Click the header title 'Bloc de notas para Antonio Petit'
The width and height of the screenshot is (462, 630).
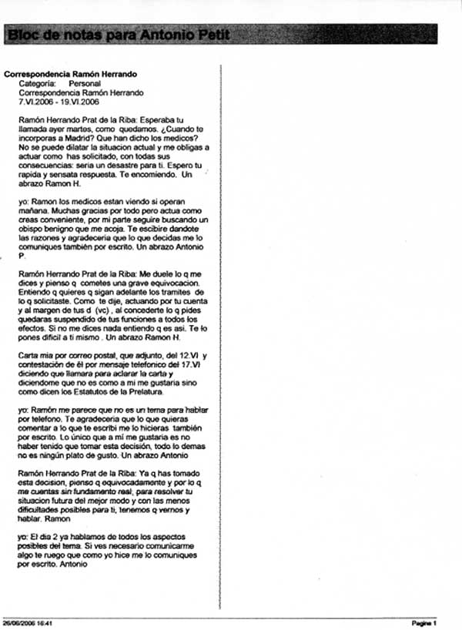[x=117, y=35]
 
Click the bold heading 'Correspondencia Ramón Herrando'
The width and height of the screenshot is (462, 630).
[x=70, y=74]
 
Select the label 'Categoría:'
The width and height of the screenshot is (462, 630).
[x=37, y=83]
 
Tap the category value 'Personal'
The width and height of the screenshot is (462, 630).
[x=84, y=83]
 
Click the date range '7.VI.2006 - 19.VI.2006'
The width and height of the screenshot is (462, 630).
[x=59, y=101]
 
